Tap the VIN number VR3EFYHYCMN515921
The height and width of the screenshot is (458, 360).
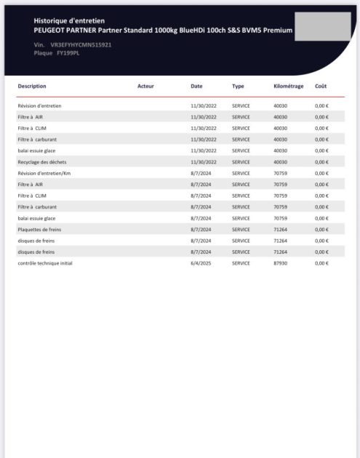(81, 45)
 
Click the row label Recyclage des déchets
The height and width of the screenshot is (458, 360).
(43, 161)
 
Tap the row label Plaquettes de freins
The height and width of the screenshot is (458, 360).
(39, 229)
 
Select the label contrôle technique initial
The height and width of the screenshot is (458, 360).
(45, 262)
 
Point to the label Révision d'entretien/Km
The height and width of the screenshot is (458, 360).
(44, 173)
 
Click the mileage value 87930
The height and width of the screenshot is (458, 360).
(281, 262)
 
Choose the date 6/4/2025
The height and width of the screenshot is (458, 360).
(199, 262)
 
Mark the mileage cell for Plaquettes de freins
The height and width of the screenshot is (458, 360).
(281, 229)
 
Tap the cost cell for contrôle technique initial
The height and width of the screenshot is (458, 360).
(322, 262)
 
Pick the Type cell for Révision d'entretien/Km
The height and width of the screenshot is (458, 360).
(241, 173)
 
